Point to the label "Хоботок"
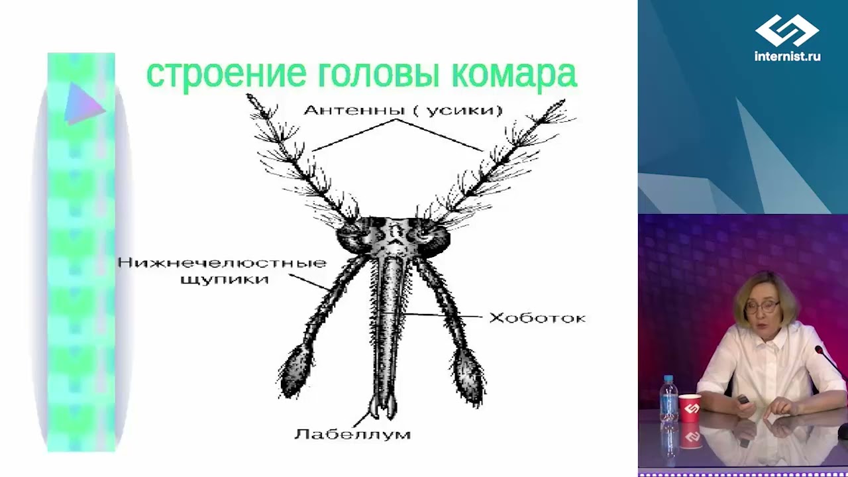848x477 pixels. (x=537, y=318)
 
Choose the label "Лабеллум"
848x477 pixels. (x=352, y=435)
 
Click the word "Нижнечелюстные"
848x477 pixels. (x=222, y=263)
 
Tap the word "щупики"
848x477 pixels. (x=225, y=279)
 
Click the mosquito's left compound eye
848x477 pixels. (x=351, y=237)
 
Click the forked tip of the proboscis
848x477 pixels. (x=383, y=407)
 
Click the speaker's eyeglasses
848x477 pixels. (x=762, y=307)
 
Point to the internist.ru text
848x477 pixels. (x=787, y=57)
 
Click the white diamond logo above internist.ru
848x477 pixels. (x=787, y=30)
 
